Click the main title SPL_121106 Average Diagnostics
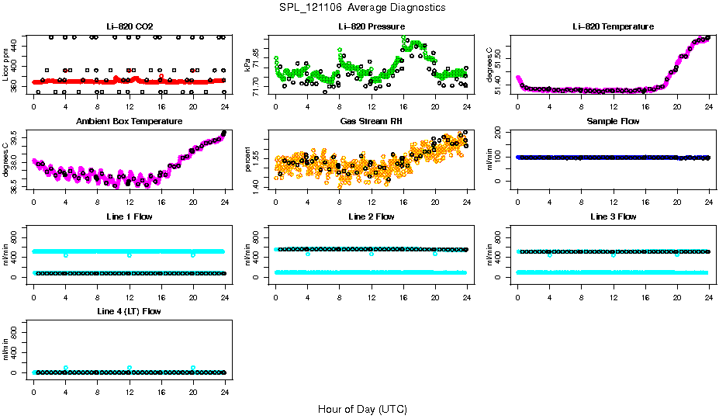pos(363,7)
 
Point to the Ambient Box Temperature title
pos(130,122)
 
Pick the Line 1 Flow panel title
pos(130,216)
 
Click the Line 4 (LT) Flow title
pos(130,311)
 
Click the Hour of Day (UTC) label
pos(362,409)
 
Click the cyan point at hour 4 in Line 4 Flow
pos(66,368)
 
